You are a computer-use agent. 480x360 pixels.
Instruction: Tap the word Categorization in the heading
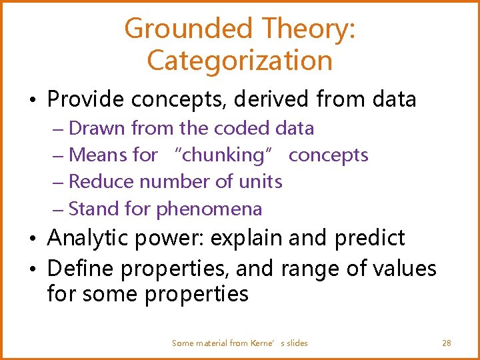(239, 61)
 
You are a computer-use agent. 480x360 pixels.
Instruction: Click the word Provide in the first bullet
(86, 99)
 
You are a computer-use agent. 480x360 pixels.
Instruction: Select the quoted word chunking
(223, 155)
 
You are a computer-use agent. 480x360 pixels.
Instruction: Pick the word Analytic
(89, 238)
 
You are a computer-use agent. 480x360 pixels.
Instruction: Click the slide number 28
(446, 343)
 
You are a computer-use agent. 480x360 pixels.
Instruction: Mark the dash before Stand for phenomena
(57, 209)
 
